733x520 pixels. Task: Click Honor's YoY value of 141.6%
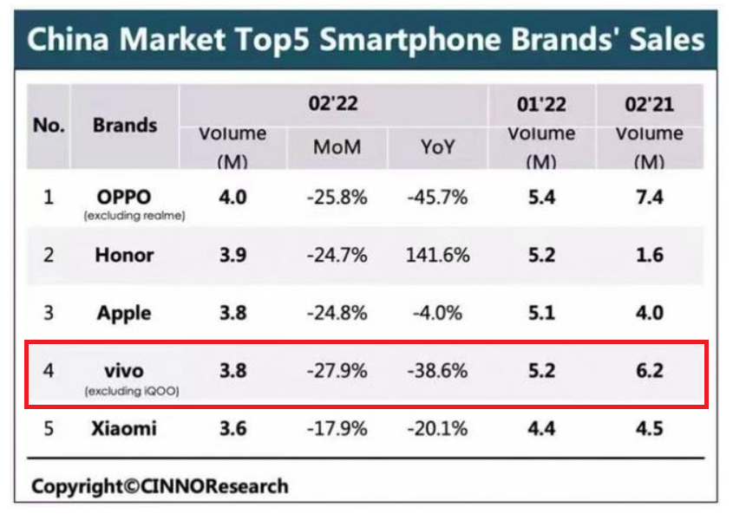coord(437,255)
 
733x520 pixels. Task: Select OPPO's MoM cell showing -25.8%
coord(337,198)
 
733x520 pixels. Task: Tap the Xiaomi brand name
coord(124,428)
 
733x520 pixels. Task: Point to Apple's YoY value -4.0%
coord(437,313)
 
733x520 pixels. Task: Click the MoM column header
coord(337,147)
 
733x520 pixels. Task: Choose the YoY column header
coord(437,147)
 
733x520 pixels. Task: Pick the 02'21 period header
coord(650,105)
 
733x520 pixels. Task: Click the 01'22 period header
coord(541,105)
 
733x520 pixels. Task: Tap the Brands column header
coord(125,125)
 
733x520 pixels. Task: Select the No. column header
coord(49,125)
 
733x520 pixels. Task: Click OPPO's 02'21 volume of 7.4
coord(650,198)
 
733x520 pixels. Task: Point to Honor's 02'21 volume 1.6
coord(650,255)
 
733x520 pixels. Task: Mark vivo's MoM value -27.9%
coord(337,371)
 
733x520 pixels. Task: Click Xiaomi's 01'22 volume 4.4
coord(541,428)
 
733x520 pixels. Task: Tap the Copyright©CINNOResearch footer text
coord(160,486)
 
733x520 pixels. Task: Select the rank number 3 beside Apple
coord(49,313)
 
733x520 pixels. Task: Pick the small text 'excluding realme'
coord(134,217)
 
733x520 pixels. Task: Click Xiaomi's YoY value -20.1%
coord(437,428)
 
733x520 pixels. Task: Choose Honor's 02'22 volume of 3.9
coord(232,255)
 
